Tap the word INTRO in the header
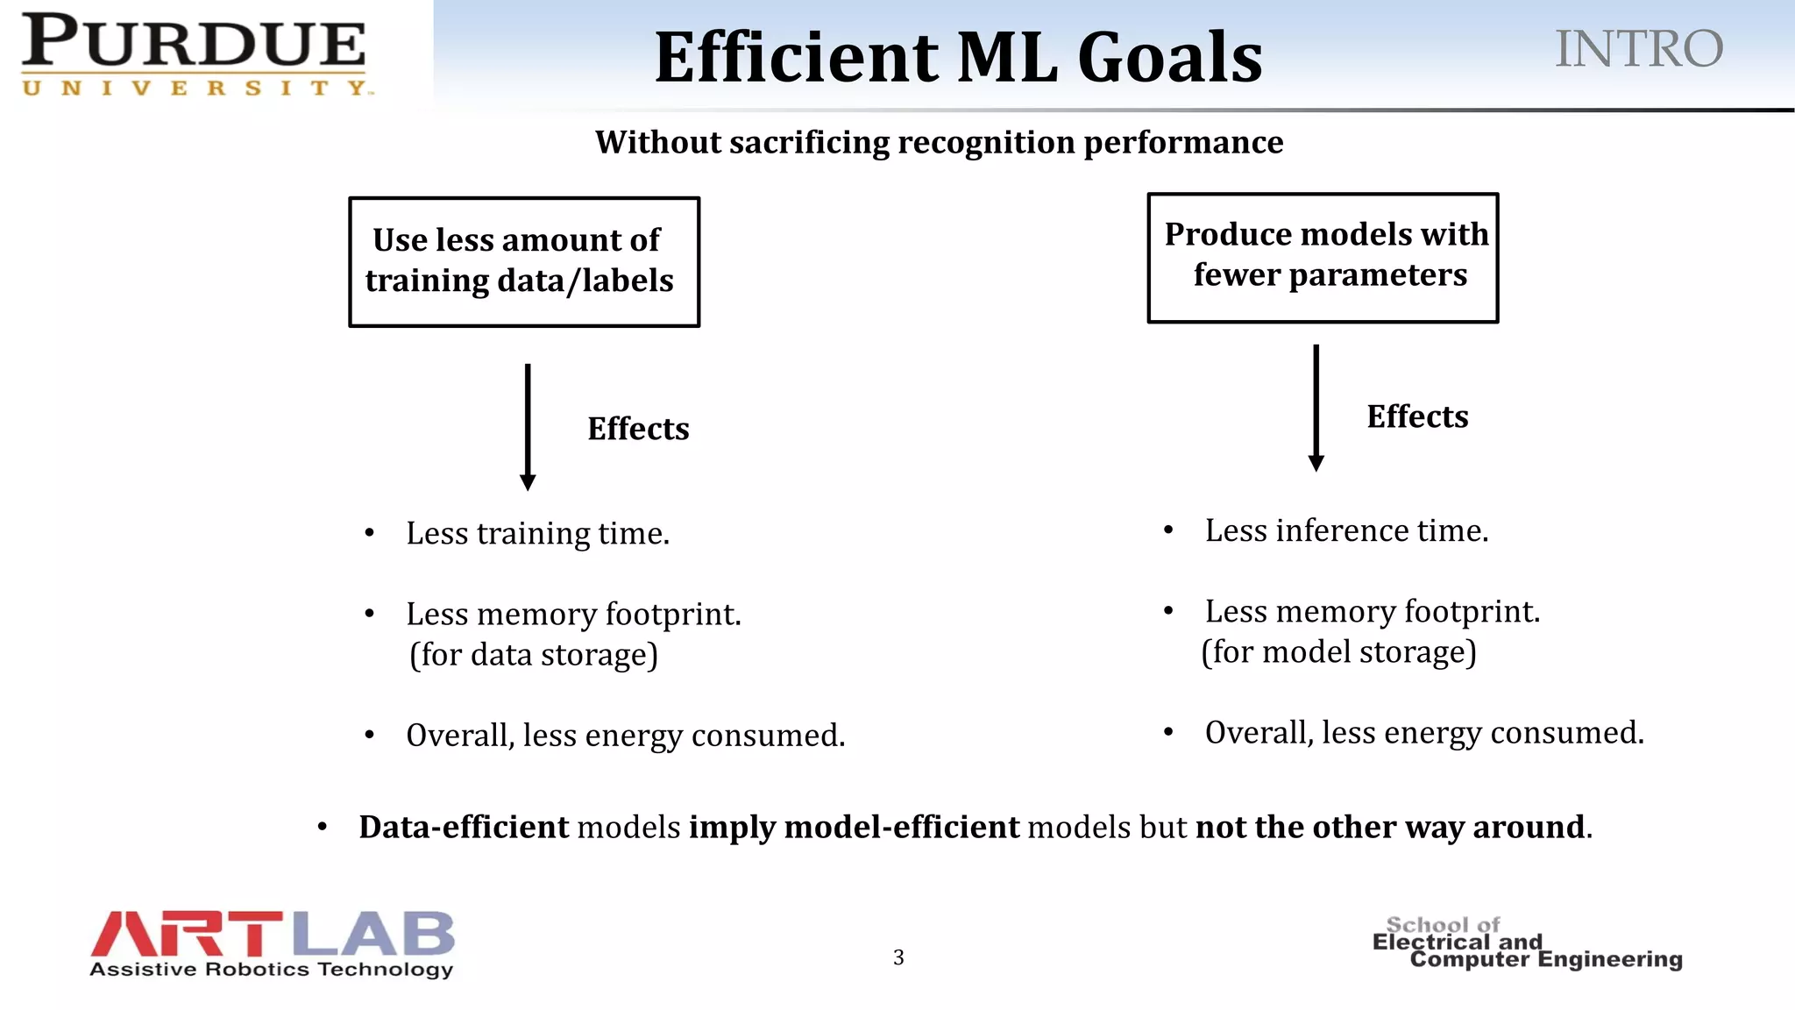1638,49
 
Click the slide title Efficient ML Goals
958,58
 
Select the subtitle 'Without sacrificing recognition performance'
939,142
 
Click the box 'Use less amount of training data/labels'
524,262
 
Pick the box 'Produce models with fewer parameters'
1323,258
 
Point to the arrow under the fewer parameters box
1316,408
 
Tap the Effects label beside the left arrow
638,429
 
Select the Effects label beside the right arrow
1417,416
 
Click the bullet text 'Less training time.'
537,533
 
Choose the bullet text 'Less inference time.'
1346,530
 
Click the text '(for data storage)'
534,655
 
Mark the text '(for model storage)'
1338,652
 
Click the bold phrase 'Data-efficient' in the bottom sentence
464,828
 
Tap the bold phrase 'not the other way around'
1390,828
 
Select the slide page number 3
898,957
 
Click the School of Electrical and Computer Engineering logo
1526,943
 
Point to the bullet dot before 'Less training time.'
370,533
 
